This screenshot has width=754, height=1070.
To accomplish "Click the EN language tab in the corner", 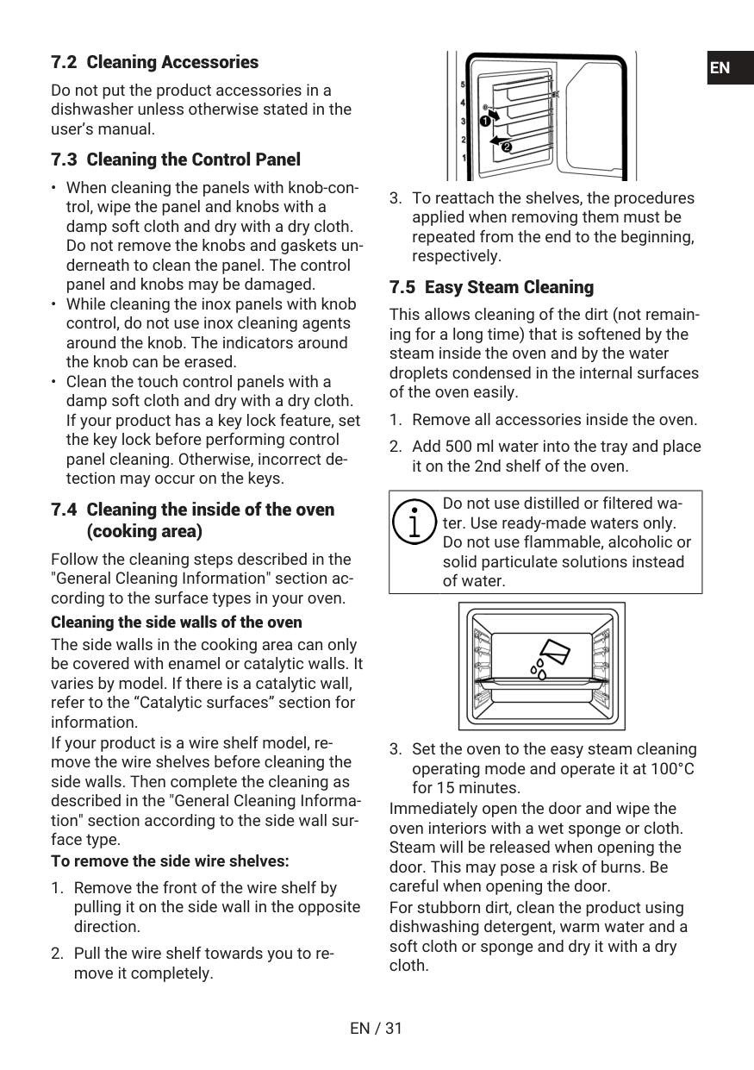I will (x=720, y=68).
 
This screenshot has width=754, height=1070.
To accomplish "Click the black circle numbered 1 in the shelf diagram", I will (x=485, y=122).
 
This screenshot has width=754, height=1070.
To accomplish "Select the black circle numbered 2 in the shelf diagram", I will (x=506, y=147).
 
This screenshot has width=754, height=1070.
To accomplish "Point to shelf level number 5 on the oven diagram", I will (x=464, y=85).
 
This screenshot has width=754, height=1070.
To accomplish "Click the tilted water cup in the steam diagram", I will (x=552, y=653).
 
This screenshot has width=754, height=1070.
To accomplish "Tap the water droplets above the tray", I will (x=539, y=669).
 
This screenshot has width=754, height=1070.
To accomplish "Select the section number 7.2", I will (x=64, y=62).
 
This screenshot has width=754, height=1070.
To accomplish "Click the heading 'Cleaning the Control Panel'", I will (x=193, y=160).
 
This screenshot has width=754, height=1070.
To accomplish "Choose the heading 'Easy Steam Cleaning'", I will (x=508, y=287).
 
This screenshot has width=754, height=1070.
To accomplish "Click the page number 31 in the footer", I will (x=393, y=1028).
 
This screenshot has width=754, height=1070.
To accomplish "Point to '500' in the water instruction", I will (x=463, y=447).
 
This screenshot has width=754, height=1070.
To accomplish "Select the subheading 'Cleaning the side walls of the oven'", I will (x=177, y=622).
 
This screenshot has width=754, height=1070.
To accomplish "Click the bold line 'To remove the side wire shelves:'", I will (x=170, y=860).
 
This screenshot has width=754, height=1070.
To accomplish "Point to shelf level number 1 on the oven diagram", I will (x=464, y=158).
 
